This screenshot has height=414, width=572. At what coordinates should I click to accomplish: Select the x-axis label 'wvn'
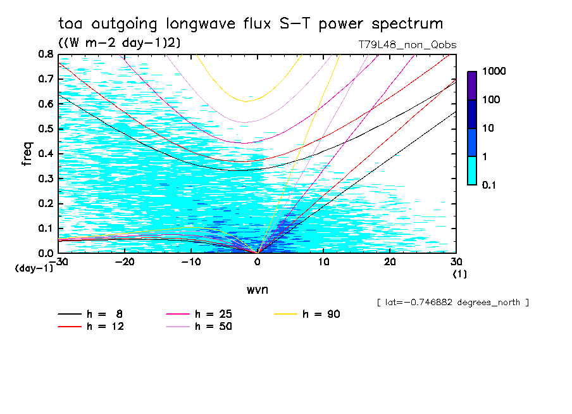pos(257,290)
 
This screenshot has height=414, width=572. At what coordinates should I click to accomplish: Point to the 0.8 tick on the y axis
pos(45,54)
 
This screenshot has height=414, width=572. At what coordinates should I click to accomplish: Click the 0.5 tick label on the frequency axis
pos(45,129)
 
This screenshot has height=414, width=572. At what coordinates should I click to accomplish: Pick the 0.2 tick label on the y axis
pos(45,203)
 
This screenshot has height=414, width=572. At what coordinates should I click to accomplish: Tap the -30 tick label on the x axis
pos(59,261)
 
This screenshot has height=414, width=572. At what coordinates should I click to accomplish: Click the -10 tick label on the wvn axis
pos(190,261)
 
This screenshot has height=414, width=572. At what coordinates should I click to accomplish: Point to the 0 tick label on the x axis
pos(258,261)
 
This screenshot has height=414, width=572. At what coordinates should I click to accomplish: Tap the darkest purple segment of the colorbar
pos(472,85)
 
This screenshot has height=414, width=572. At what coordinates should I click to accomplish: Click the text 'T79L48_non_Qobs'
pos(407,45)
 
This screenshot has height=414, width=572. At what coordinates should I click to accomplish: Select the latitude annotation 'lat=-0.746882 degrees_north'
pos(453,303)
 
